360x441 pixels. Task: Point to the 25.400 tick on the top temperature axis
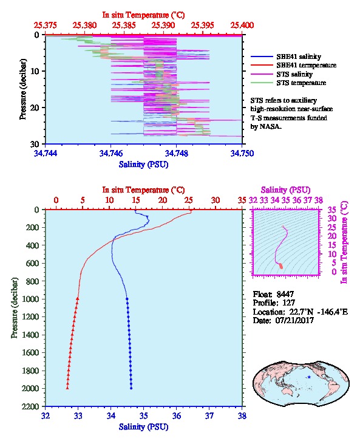coord(242,26)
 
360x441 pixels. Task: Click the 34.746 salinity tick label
coord(110,153)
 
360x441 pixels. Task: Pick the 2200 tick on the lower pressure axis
coord(31,406)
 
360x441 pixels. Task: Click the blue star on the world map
coord(309,377)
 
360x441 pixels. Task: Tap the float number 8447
coord(285,294)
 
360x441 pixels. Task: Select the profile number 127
coord(288,303)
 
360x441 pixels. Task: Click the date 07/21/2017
coord(294,320)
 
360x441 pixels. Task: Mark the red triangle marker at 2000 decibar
coord(67,388)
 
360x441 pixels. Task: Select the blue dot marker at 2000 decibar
coord(131,388)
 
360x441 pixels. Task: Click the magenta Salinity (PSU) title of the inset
coord(285,190)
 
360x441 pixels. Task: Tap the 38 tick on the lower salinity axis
coord(242,415)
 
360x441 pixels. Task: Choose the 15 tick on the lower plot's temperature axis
coord(136,200)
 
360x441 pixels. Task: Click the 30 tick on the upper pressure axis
coord(35,144)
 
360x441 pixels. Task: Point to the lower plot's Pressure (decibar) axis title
coord(15,308)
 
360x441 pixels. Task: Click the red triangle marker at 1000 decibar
coord(78,299)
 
